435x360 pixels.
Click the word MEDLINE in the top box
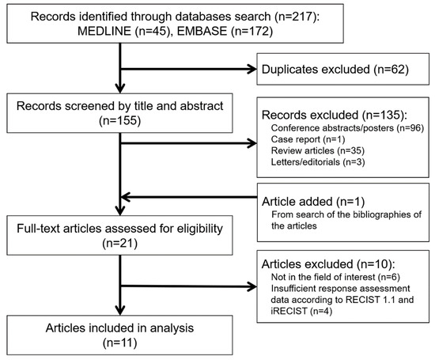pos(104,31)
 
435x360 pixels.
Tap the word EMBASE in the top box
pos(202,31)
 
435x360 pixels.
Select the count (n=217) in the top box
pos(295,17)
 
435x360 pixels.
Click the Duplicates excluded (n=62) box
pos(343,69)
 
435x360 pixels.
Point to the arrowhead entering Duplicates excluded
pos(252,69)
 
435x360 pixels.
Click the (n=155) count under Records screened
pos(120,120)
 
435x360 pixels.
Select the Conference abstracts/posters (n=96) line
pos(347,128)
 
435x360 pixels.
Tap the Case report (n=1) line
pos(308,139)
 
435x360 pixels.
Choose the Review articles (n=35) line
pos(318,150)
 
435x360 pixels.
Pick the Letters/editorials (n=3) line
pos(318,162)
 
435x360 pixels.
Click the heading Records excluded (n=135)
pos(334,115)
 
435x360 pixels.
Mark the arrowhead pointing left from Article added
pos(126,197)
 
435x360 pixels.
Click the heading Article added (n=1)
pos(313,202)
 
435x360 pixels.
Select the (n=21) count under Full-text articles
pos(120,243)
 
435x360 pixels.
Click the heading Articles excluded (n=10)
pos(328,264)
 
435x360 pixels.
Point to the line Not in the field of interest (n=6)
pos(335,277)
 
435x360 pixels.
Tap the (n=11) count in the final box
pos(120,343)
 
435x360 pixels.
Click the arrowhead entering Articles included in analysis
pos(120,310)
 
